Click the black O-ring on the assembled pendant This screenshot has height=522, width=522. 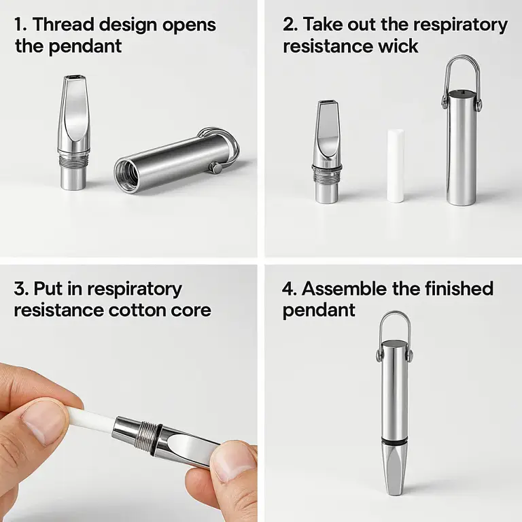pos(395,442)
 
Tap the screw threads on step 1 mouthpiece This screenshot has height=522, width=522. pos(74,160)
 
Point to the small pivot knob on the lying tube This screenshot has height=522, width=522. pos(217,167)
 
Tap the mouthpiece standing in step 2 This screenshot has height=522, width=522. pos(328,152)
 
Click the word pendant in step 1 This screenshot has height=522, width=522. pos(85,46)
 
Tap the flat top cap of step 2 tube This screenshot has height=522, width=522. pos(462,94)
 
